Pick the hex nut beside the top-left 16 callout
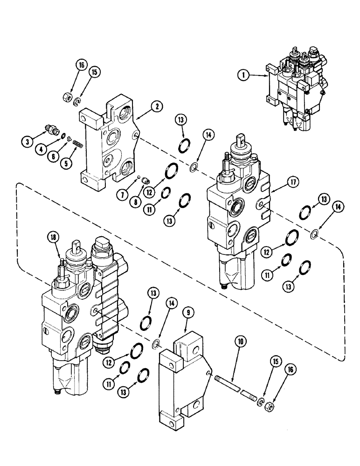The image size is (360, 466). (67, 97)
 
